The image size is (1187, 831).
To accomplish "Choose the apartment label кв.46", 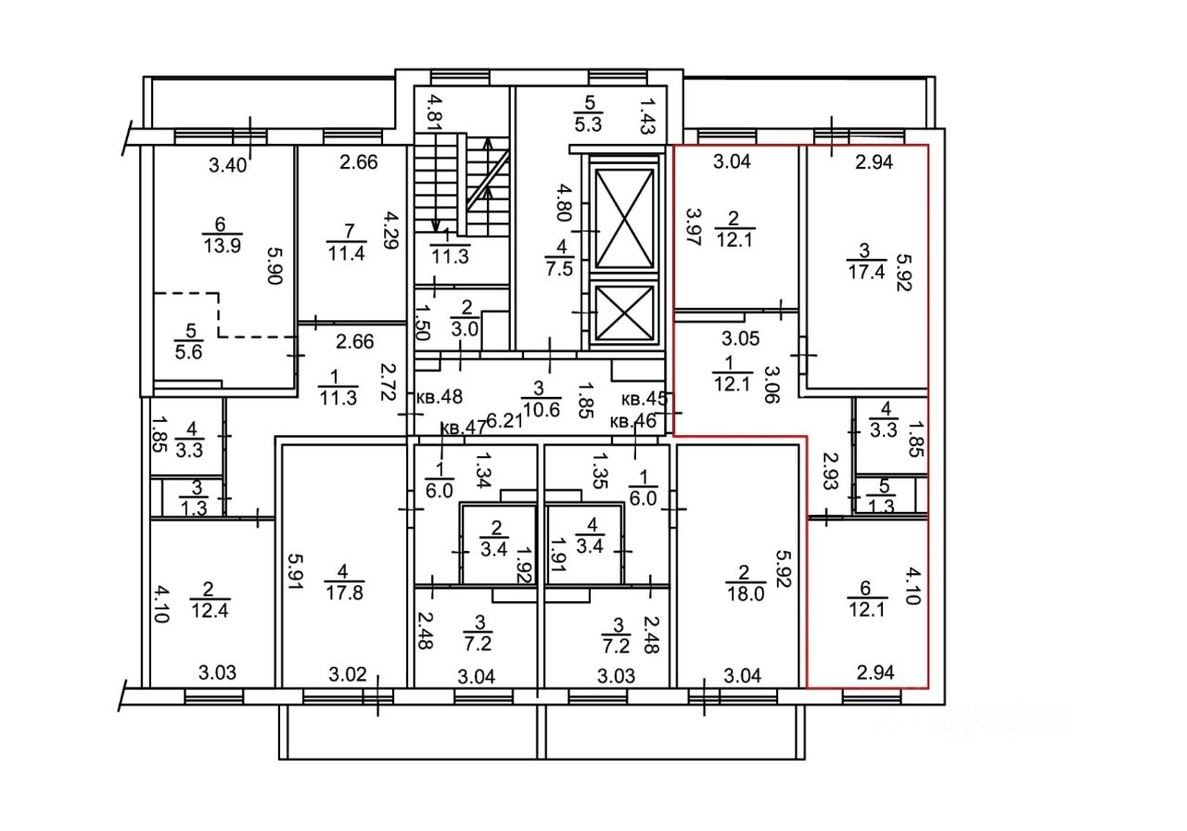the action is pos(634,421).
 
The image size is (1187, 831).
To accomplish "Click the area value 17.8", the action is pos(344,594).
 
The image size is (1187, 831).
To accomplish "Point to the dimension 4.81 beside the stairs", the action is pos(432,109).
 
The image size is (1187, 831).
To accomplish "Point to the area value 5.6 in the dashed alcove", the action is pos(189,350).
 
